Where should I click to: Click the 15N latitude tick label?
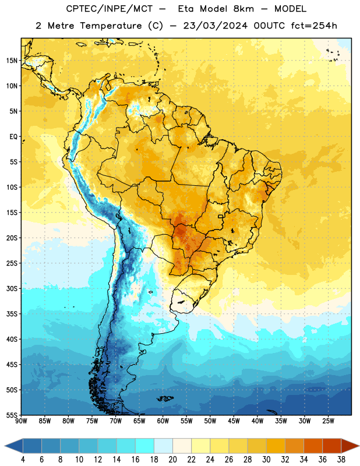(x=12, y=61)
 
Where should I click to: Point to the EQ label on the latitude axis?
(x=13, y=137)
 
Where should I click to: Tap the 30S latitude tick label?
(x=12, y=288)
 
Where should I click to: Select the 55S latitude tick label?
(x=12, y=415)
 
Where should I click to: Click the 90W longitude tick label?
(x=21, y=421)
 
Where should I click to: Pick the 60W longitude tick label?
(x=163, y=421)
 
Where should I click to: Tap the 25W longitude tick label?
(x=328, y=421)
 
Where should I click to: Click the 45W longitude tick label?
(x=234, y=421)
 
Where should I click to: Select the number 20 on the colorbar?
(x=172, y=460)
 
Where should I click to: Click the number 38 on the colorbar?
(x=341, y=460)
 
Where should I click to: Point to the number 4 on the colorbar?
(x=23, y=460)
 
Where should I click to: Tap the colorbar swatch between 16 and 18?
(x=145, y=446)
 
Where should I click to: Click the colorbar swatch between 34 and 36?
(x=313, y=446)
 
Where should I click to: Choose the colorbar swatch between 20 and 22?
(x=182, y=446)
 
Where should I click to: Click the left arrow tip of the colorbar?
(x=5, y=446)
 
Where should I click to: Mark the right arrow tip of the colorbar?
(x=359, y=446)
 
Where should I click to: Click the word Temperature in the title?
(x=111, y=26)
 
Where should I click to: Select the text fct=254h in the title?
(x=314, y=26)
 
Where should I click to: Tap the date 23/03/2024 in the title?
(x=215, y=26)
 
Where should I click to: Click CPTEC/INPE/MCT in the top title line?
(x=109, y=9)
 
